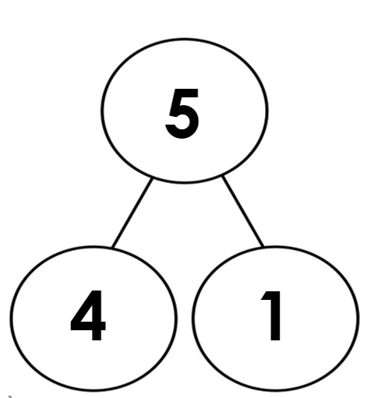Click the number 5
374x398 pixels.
182,114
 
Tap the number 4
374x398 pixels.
88,315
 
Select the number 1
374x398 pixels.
272,315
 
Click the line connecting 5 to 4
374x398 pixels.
132,213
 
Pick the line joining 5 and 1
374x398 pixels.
242,211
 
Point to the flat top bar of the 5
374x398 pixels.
185,93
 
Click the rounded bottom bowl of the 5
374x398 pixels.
183,125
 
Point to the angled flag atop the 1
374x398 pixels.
266,296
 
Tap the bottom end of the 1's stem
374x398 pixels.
276,338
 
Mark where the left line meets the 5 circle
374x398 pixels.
152,178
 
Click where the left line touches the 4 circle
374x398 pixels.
113,247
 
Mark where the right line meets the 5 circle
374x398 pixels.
223,177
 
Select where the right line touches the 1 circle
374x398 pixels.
263,246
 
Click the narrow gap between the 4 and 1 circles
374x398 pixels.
185,317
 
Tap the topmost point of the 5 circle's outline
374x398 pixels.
185,39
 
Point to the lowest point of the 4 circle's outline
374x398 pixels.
93,389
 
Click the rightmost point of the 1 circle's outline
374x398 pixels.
358,318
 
